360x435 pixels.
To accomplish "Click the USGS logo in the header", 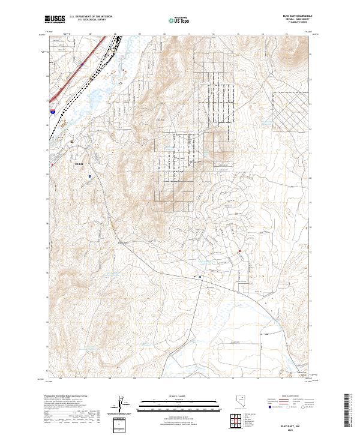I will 55,20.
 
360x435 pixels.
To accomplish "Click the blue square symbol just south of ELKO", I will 89,176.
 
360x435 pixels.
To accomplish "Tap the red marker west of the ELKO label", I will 53,163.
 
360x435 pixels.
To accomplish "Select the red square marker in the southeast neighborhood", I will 239,251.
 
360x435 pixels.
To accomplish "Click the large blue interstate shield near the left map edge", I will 53,111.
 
